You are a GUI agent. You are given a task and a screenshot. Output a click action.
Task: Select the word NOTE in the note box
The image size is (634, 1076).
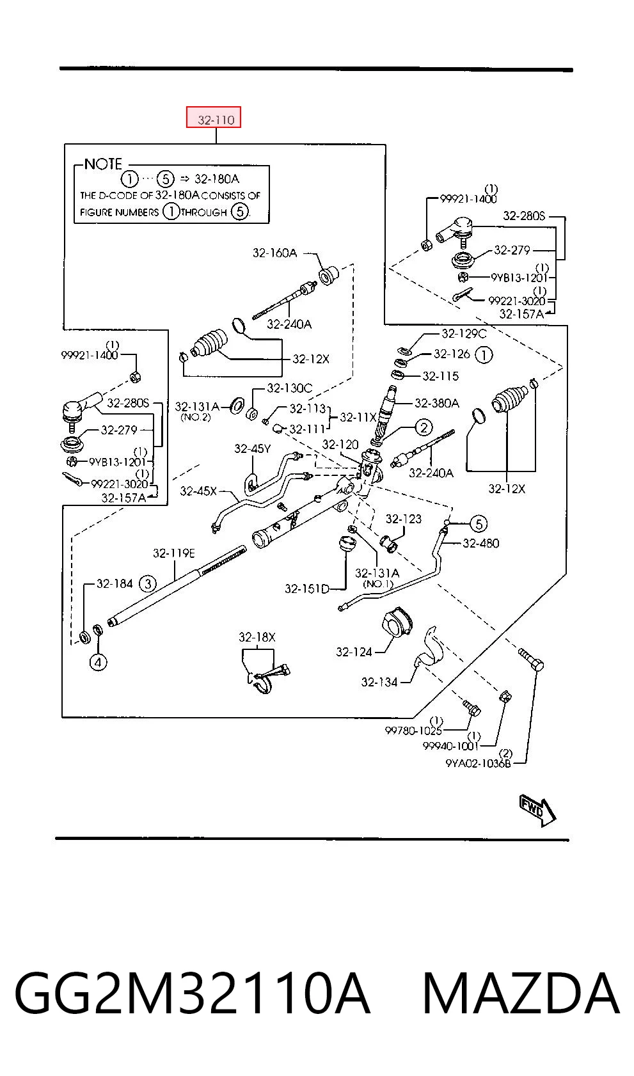[103, 164]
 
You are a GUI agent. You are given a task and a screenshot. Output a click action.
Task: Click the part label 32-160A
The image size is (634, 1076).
[274, 253]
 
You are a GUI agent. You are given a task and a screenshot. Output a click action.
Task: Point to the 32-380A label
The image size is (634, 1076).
[436, 403]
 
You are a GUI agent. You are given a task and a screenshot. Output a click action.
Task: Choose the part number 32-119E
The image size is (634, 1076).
[174, 553]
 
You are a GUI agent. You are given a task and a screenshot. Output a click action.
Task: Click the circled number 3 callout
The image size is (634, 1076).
[148, 583]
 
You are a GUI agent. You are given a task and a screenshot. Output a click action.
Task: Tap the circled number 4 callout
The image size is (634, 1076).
[98, 663]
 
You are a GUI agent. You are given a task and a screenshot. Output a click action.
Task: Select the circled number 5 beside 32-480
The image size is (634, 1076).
[479, 523]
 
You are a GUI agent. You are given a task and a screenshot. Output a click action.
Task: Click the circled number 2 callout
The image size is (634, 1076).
[424, 427]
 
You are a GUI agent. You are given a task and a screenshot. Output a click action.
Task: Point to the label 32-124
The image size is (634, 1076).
[354, 652]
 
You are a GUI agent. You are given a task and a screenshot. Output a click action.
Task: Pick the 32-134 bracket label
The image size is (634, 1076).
[379, 682]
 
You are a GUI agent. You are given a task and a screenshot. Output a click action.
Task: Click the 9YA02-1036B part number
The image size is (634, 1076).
[479, 763]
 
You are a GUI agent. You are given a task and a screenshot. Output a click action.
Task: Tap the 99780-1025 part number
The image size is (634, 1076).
[413, 731]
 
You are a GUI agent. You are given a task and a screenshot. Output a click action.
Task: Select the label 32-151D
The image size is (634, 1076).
[307, 589]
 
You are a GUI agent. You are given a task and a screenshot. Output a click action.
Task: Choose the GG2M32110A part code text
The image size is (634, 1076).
[192, 993]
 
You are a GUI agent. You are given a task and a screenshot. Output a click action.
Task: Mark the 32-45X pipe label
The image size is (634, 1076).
[198, 491]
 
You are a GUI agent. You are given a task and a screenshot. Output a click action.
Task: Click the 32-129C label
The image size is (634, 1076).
[464, 333]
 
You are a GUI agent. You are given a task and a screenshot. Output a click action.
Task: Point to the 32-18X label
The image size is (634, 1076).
[257, 637]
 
